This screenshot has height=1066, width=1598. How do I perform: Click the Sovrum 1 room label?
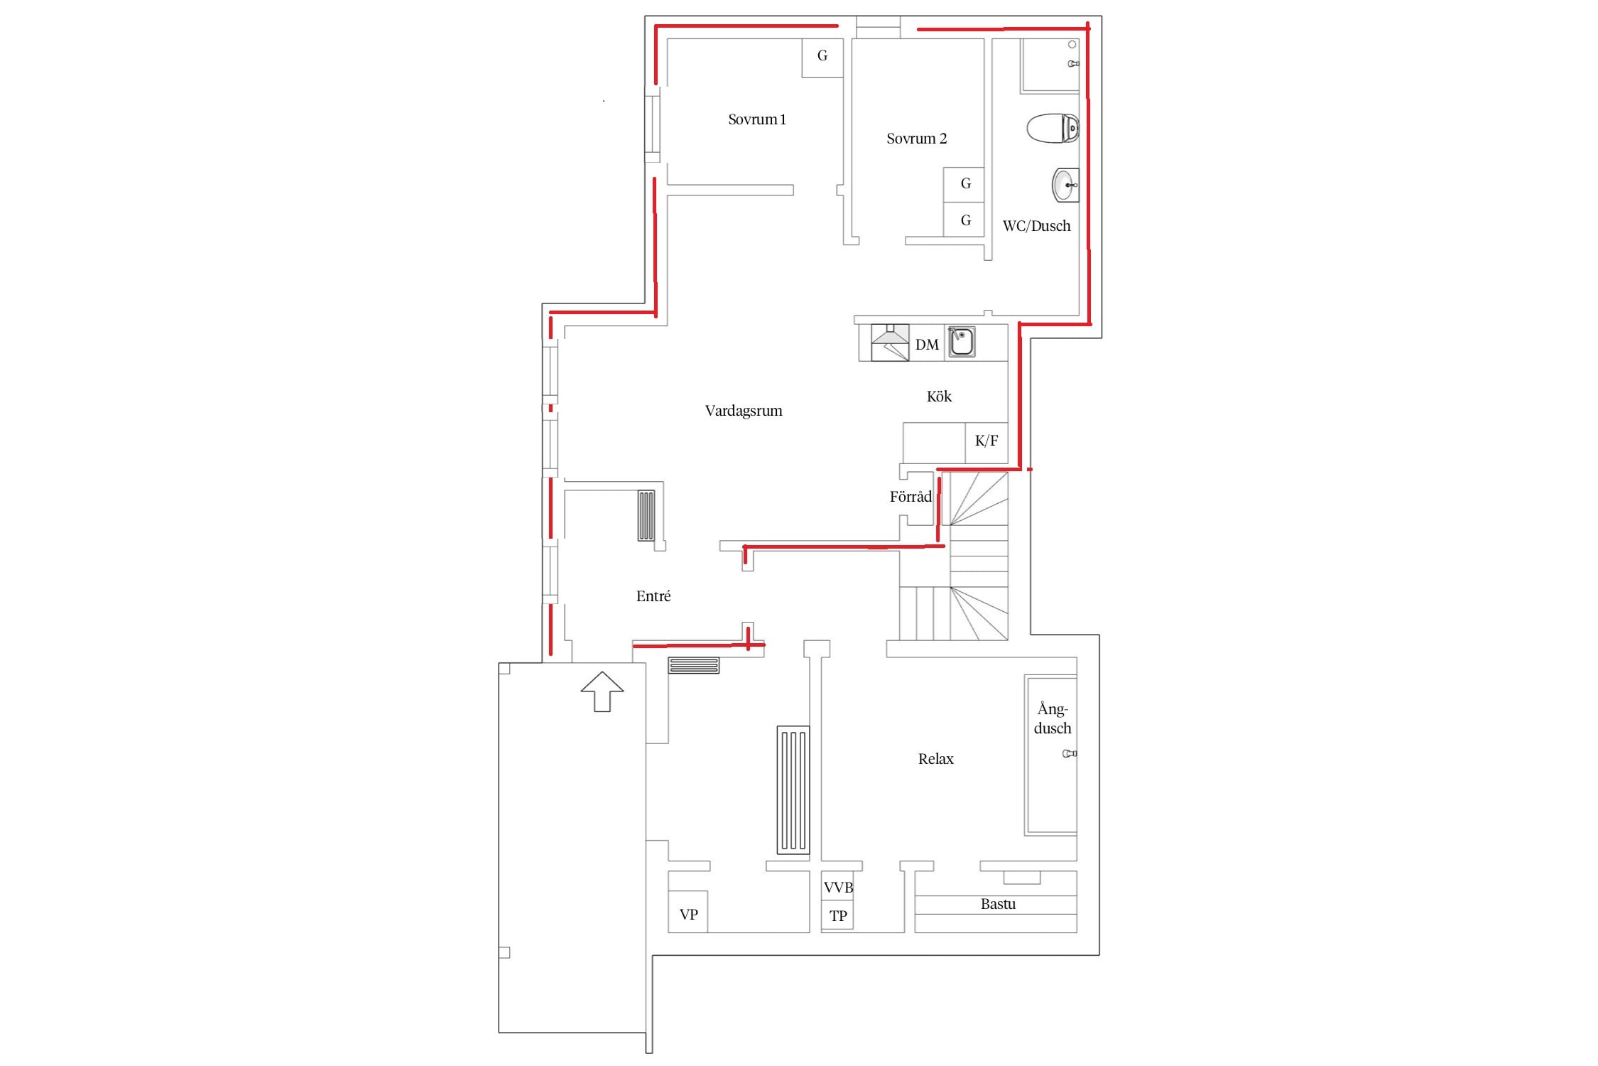757,119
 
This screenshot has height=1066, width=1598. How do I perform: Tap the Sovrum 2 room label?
916,139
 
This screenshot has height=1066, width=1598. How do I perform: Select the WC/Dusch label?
1036,226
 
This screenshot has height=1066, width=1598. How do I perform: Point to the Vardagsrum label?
744,411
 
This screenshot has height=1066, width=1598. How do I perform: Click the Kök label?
939,397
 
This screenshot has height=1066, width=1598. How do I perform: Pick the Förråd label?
911,496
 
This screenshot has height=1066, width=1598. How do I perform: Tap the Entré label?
653,596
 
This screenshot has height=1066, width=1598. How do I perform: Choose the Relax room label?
935,759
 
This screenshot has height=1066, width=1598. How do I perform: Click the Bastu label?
998,904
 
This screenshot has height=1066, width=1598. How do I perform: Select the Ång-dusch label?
1053,718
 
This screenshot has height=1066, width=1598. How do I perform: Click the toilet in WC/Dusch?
1053,128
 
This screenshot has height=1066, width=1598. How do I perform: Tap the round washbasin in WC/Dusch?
1065,185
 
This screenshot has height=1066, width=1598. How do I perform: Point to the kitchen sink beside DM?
962,342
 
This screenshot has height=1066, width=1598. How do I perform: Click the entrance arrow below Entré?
602,691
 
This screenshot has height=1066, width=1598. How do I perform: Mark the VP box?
688,912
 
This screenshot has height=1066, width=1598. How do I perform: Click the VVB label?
838,888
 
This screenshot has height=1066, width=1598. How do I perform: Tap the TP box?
838,915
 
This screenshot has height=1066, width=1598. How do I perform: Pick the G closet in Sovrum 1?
822,58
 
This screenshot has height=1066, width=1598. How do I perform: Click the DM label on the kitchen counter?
927,345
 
